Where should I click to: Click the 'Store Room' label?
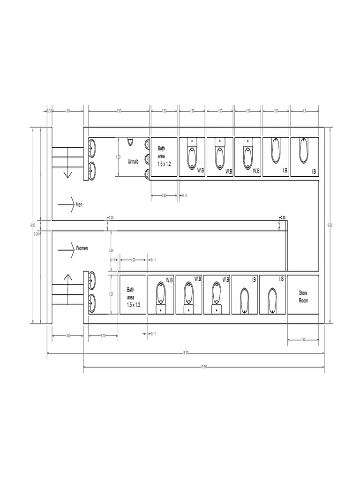303,297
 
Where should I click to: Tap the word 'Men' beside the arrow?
79,204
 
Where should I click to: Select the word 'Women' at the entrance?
82,247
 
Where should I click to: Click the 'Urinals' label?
133,161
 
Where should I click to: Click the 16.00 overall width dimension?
186,353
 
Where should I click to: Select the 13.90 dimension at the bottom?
203,367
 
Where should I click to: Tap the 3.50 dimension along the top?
119,111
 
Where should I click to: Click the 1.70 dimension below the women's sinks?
103,336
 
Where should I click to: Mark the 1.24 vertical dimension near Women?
111,250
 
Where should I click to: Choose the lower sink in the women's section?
92,303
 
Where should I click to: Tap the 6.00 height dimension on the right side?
330,225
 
